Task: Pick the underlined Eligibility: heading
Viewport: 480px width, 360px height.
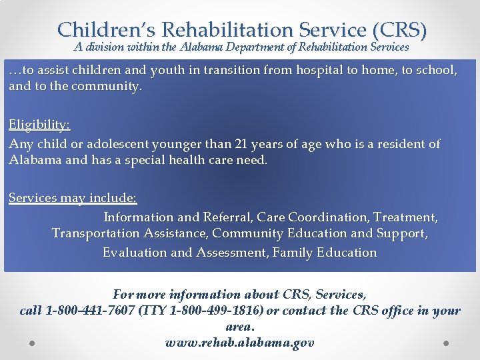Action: pos(39,125)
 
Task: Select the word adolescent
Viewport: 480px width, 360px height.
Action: pos(99,144)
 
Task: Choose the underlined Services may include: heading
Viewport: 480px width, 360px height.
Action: pos(73,199)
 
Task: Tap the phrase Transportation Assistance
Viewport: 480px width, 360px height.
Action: pos(130,234)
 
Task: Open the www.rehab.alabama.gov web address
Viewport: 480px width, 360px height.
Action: pos(239,343)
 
